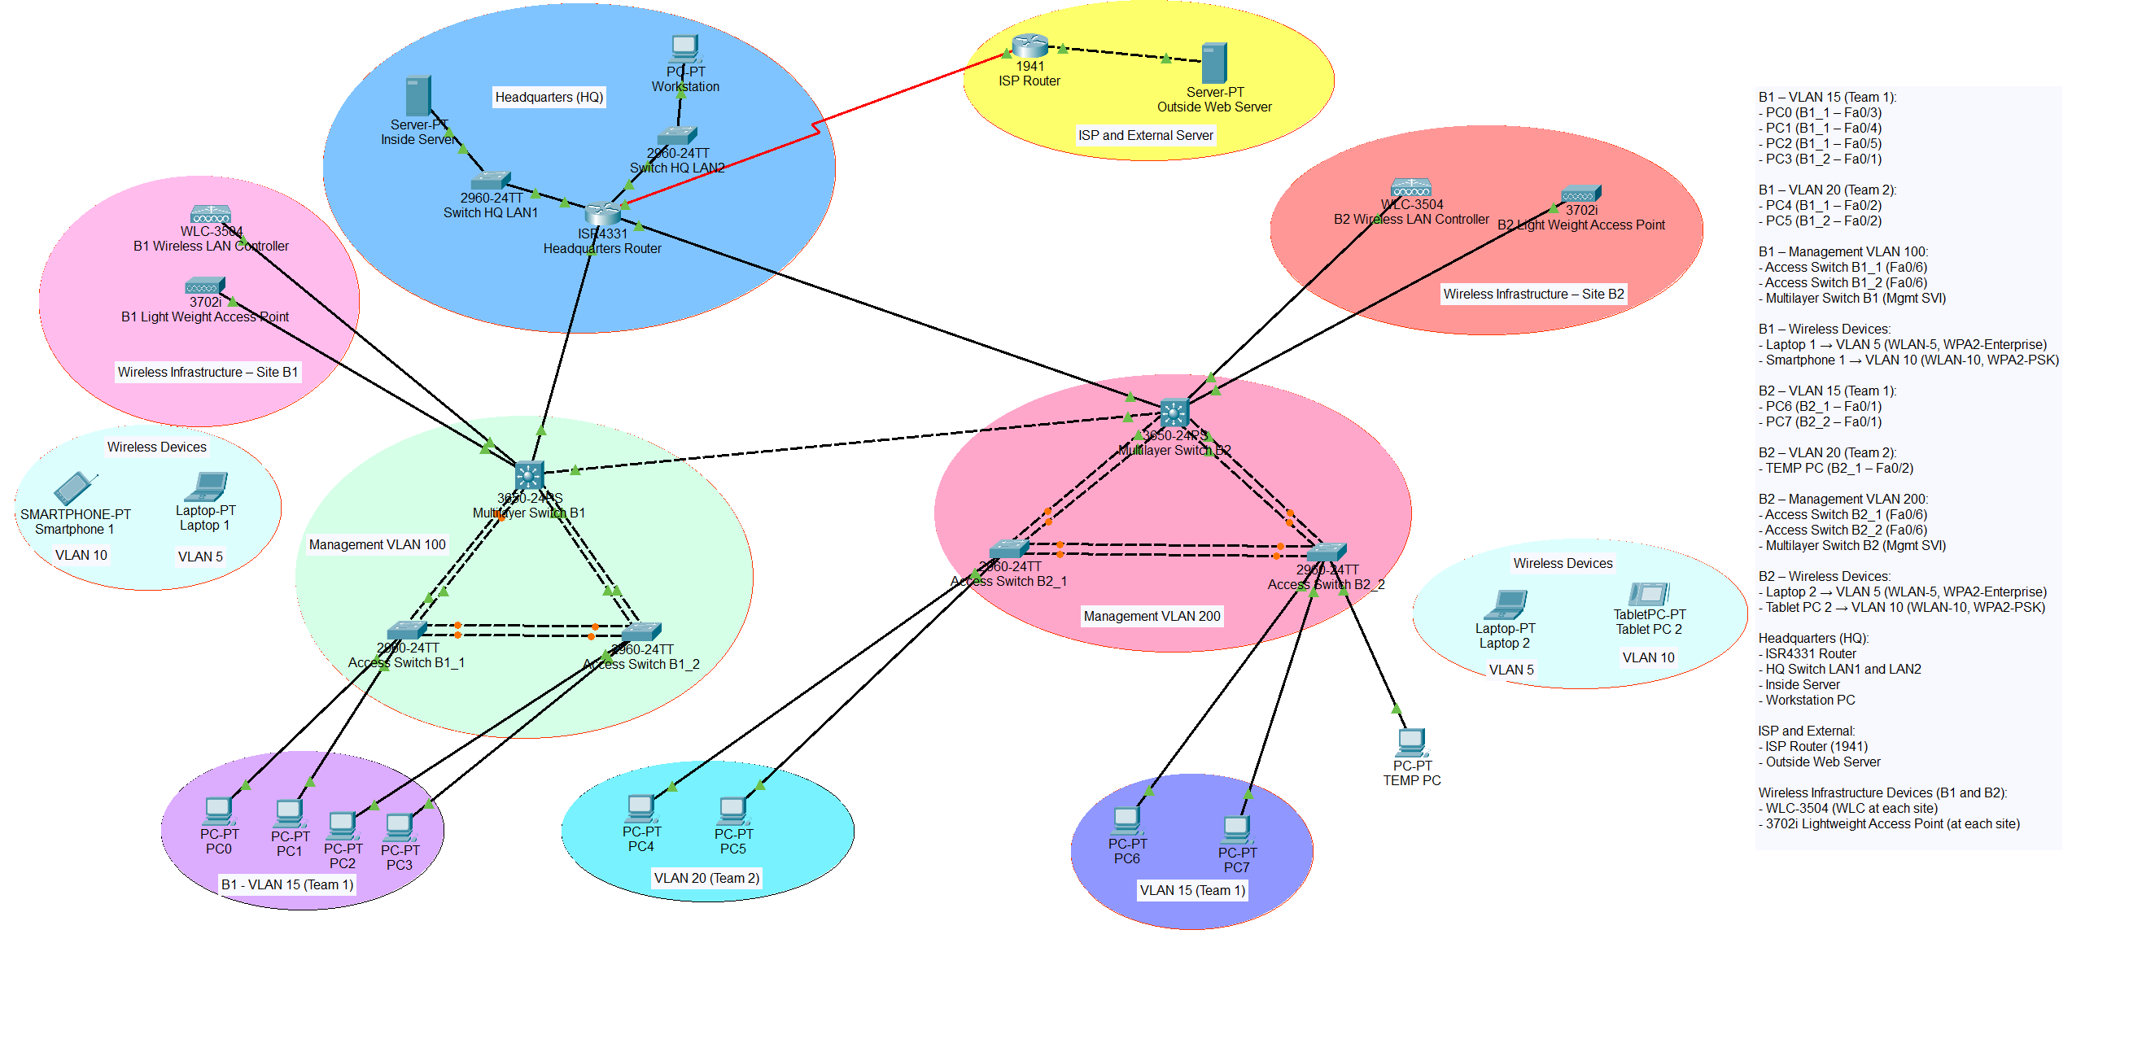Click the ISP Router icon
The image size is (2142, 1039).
click(x=1029, y=45)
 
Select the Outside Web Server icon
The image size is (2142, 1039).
click(x=1214, y=63)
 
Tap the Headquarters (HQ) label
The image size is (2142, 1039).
click(x=549, y=98)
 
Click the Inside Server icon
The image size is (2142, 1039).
click(x=417, y=95)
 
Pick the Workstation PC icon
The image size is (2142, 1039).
click(x=684, y=48)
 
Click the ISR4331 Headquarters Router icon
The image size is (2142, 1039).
click(x=602, y=213)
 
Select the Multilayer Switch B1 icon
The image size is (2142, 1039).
click(x=529, y=475)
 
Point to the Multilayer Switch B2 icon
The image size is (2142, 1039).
click(x=1174, y=413)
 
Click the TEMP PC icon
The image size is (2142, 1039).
click(x=1411, y=741)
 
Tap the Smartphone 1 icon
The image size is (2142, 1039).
click(x=75, y=488)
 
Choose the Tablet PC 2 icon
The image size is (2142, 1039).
click(x=1648, y=593)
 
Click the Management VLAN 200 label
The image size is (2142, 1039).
click(x=1152, y=616)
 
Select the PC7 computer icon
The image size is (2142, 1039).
click(x=1235, y=829)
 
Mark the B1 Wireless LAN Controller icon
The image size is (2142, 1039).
click(x=210, y=215)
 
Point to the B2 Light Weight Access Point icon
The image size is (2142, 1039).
click(x=1580, y=194)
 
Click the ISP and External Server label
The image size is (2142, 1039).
click(x=1145, y=136)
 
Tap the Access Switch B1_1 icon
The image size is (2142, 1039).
click(x=407, y=630)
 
